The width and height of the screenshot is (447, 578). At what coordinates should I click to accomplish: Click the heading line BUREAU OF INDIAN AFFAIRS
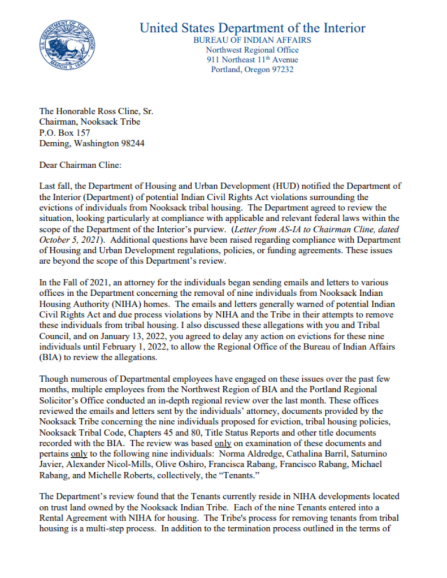(252, 40)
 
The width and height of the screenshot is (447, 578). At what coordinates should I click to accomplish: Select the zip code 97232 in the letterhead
(281, 70)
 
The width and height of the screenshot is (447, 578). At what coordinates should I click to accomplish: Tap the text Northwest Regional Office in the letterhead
(252, 50)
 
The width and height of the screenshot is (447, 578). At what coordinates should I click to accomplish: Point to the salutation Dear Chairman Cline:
(81, 166)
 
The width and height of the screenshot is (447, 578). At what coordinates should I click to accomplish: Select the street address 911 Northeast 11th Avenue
(252, 60)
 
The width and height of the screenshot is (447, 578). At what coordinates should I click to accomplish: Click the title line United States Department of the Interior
(252, 28)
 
